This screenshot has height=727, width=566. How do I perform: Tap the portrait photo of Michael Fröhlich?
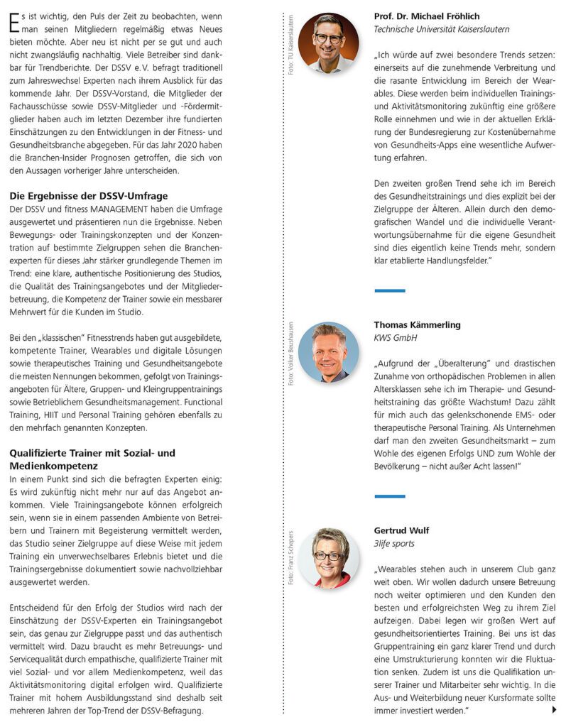[x=328, y=43]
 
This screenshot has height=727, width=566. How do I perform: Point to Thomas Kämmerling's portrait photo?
[x=328, y=352]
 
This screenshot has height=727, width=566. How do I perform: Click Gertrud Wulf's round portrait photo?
[x=328, y=558]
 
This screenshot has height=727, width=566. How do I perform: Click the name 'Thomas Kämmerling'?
[x=417, y=324]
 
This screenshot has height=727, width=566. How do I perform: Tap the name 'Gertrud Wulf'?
[x=401, y=530]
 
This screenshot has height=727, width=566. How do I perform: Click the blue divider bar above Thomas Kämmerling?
[x=389, y=290]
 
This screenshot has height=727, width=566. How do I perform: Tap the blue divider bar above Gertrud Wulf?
[x=389, y=496]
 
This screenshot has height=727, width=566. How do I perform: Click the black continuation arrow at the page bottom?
[x=554, y=709]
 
